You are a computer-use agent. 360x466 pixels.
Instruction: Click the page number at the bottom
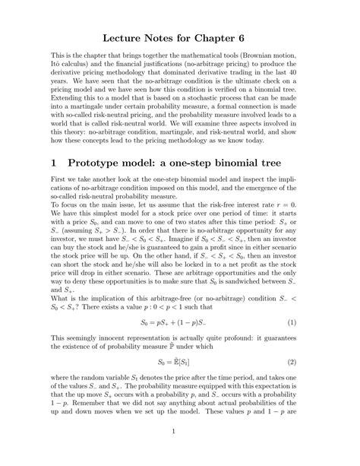(180, 454)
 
